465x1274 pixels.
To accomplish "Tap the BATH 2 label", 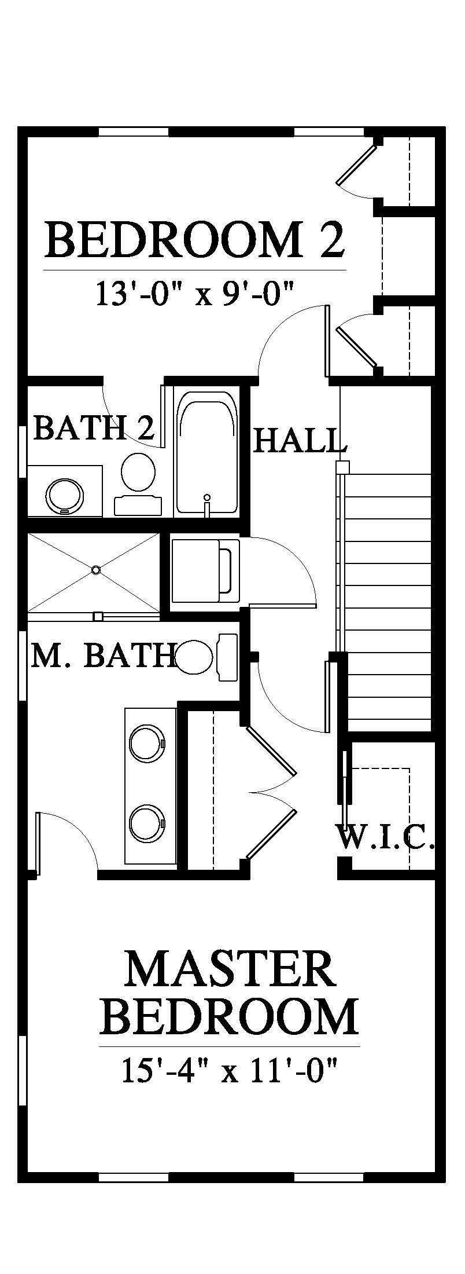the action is click(x=94, y=429).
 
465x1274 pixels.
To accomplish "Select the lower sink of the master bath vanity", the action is click(x=147, y=822).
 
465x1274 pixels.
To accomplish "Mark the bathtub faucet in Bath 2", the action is click(x=206, y=503).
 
